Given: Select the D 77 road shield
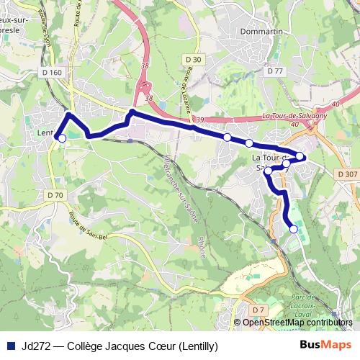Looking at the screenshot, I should tap(275, 71).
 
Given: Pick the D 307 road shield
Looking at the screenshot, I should tap(346, 174).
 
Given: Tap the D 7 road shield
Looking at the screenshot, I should tap(260, 309).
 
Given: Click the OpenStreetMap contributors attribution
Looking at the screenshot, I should tap(297, 323).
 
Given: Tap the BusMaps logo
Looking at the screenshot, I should tap(326, 345).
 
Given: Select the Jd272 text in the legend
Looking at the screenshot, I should tap(32, 346).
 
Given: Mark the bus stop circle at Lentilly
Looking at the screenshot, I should tap(62, 138).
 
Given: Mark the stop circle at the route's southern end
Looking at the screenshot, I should tap(293, 229).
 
